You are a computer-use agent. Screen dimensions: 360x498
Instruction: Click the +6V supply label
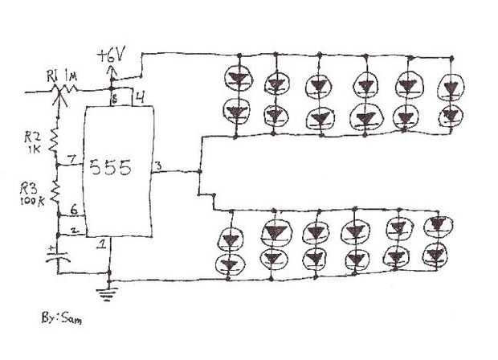tap(113, 58)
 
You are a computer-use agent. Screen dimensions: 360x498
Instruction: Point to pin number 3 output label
tap(157, 166)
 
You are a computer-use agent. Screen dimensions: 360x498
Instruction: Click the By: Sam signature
tap(63, 319)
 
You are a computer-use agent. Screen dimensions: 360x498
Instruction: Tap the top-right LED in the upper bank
tap(448, 84)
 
